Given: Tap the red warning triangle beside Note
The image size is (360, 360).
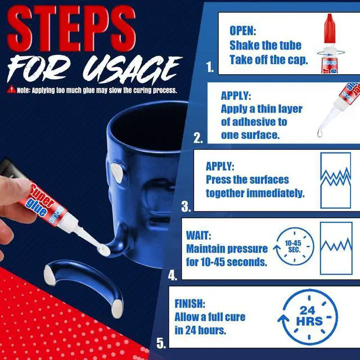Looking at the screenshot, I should click(x=11, y=89).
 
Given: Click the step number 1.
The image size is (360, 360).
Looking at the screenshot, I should click(x=210, y=68).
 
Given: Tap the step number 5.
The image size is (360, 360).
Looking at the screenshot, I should click(x=161, y=343).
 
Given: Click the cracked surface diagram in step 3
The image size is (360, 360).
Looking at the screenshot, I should click(x=335, y=178).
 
